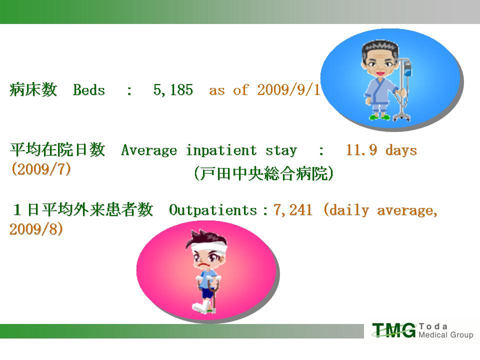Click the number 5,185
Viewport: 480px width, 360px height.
[x=173, y=90]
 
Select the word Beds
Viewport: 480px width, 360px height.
[x=89, y=90]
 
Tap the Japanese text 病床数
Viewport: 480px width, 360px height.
[x=33, y=89]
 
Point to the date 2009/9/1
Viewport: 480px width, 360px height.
[x=288, y=90]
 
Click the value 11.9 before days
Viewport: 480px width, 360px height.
[x=361, y=150]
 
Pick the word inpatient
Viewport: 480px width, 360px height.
[x=221, y=150]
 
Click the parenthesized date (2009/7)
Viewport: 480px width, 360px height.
[x=41, y=169]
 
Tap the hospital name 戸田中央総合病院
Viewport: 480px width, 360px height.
[x=263, y=173]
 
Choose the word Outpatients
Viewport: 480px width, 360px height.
[x=213, y=210]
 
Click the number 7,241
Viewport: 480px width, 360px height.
[x=293, y=210]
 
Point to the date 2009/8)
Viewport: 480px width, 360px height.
[x=36, y=229]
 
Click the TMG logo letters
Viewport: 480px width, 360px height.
[x=394, y=330]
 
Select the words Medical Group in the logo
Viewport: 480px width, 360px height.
[x=445, y=334]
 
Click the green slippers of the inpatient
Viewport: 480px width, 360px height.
[x=379, y=116]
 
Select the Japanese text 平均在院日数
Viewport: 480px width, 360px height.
[x=57, y=149]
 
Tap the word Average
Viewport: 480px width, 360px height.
[x=149, y=150]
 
